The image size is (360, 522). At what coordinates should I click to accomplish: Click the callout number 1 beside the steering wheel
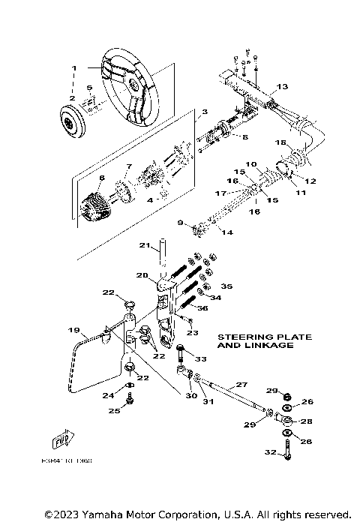pyautogui.click(x=74, y=68)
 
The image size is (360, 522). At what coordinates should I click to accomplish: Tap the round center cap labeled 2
pyautogui.click(x=73, y=120)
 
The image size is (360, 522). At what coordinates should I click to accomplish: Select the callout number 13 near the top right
pyautogui.click(x=281, y=87)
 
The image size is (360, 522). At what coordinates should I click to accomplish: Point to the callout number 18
pyautogui.click(x=280, y=142)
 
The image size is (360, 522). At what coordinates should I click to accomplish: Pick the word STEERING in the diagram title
pyautogui.click(x=240, y=337)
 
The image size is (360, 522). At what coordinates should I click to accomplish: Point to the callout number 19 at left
pyautogui.click(x=73, y=330)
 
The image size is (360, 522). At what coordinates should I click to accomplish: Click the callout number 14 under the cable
pyautogui.click(x=226, y=233)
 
